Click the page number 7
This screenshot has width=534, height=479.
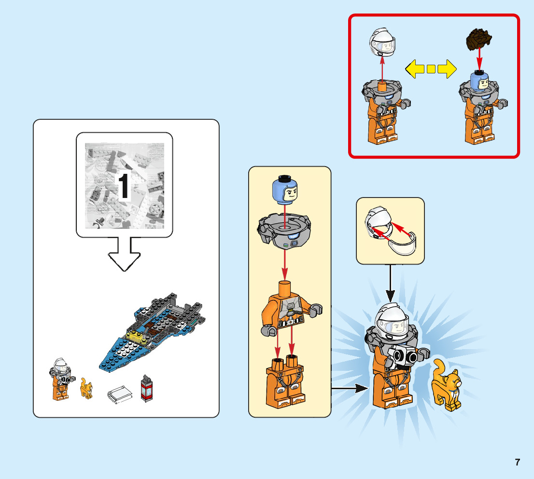[517, 462]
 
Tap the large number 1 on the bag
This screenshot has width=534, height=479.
[124, 187]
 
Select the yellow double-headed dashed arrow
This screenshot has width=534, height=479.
[431, 69]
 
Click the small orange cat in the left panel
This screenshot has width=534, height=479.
[86, 388]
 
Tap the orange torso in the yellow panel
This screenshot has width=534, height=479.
[288, 306]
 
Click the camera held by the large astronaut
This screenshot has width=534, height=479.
[404, 356]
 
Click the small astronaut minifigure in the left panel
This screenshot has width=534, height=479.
[59, 380]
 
